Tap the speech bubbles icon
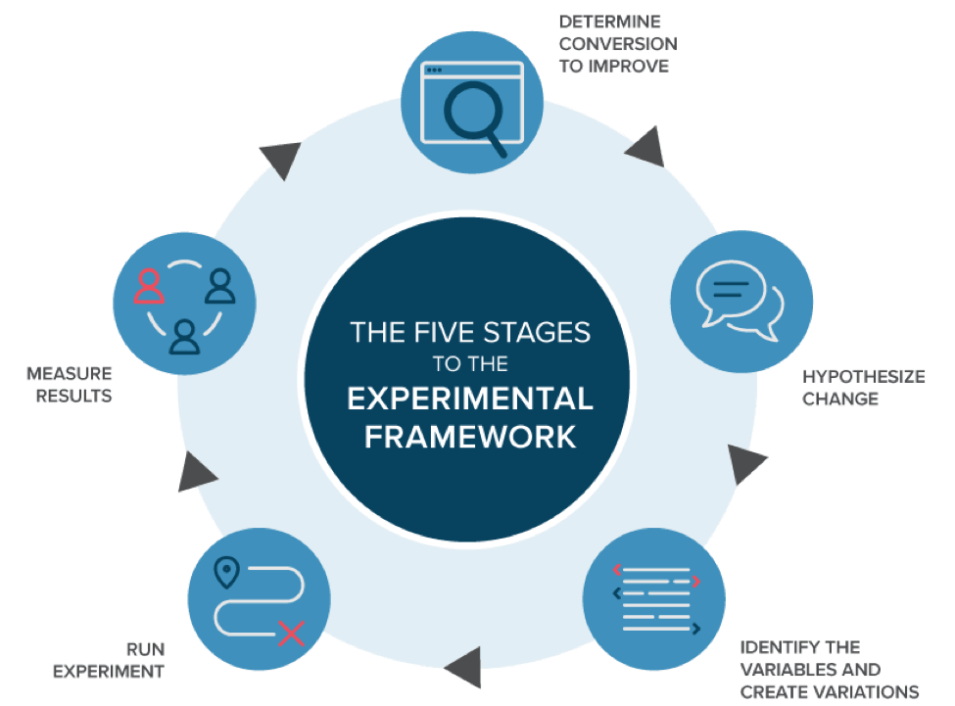point(740,299)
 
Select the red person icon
point(150,286)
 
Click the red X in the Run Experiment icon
point(291,633)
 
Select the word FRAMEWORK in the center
point(470,436)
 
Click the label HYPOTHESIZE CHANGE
point(864,388)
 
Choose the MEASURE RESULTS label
point(70,385)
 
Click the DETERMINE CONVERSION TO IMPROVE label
point(616,43)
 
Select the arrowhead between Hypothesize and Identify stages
point(746,465)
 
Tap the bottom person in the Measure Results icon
point(183,336)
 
